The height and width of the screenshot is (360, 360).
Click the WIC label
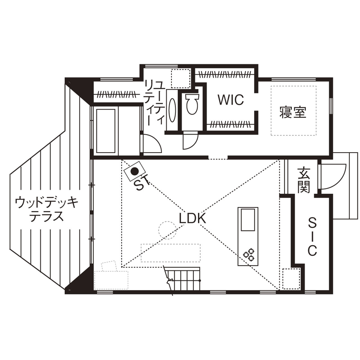tap(230, 100)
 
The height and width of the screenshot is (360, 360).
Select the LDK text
tap(193, 218)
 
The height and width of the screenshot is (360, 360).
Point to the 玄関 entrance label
tap(304, 180)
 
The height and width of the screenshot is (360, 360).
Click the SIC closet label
tap(312, 236)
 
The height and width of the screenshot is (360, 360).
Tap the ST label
tap(141, 184)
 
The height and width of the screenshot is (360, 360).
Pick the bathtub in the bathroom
tap(105, 131)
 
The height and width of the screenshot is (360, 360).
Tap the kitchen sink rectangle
tap(248, 219)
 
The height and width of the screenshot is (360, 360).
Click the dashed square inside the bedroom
tap(294, 111)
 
